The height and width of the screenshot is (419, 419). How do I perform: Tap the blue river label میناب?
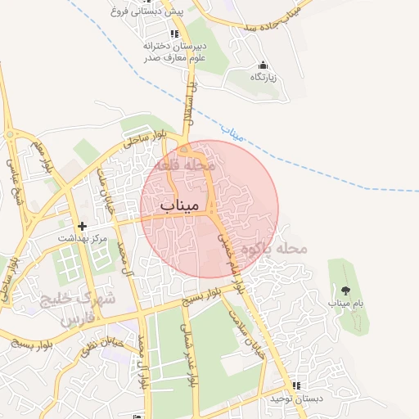pyautogui.click(x=233, y=130)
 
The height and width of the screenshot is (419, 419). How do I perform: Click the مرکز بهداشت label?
pyautogui.click(x=83, y=238)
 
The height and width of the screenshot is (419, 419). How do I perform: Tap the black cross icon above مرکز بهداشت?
pyautogui.click(x=81, y=226)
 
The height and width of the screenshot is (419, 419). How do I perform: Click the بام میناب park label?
pyautogui.click(x=345, y=303)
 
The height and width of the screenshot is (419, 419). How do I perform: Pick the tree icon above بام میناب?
pyautogui.click(x=345, y=290)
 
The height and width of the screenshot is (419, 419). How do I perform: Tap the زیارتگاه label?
pyautogui.click(x=264, y=76)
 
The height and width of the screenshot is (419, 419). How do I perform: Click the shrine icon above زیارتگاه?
pyautogui.click(x=263, y=65)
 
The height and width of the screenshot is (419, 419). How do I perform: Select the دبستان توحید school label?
pyautogui.click(x=298, y=398)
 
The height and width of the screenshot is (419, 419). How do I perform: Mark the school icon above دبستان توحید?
pyautogui.click(x=296, y=385)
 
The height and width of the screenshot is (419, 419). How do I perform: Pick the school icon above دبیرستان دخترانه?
pyautogui.click(x=173, y=34)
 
